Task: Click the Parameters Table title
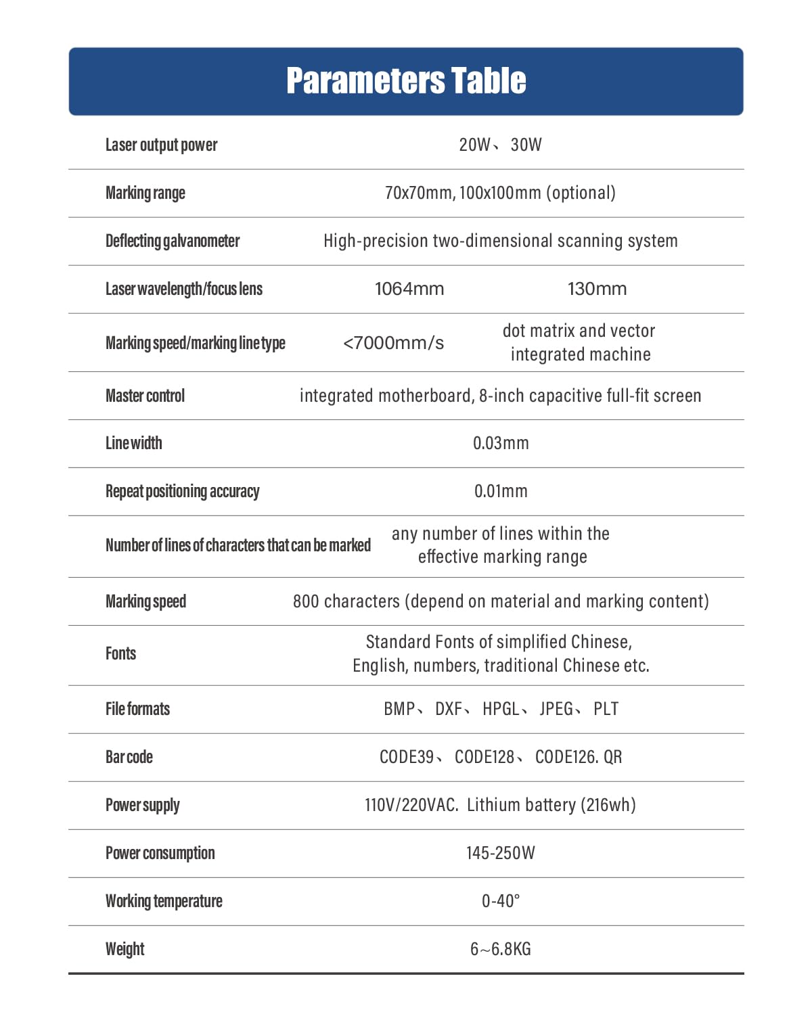[406, 80]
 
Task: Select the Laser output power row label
[161, 145]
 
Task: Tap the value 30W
[526, 145]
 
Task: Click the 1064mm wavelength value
[409, 289]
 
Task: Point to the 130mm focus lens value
[597, 289]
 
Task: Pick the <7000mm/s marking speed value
[393, 343]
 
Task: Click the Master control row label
[145, 396]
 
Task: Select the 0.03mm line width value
[501, 444]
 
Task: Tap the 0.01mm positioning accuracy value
[501, 492]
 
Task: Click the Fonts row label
[120, 653]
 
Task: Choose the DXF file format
[449, 709]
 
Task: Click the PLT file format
[606, 709]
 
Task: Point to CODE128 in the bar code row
[484, 757]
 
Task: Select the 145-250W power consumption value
[501, 853]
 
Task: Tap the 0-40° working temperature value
[501, 901]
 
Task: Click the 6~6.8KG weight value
[501, 949]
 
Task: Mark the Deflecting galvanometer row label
[173, 241]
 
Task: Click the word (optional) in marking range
[581, 193]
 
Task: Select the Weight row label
[125, 949]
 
